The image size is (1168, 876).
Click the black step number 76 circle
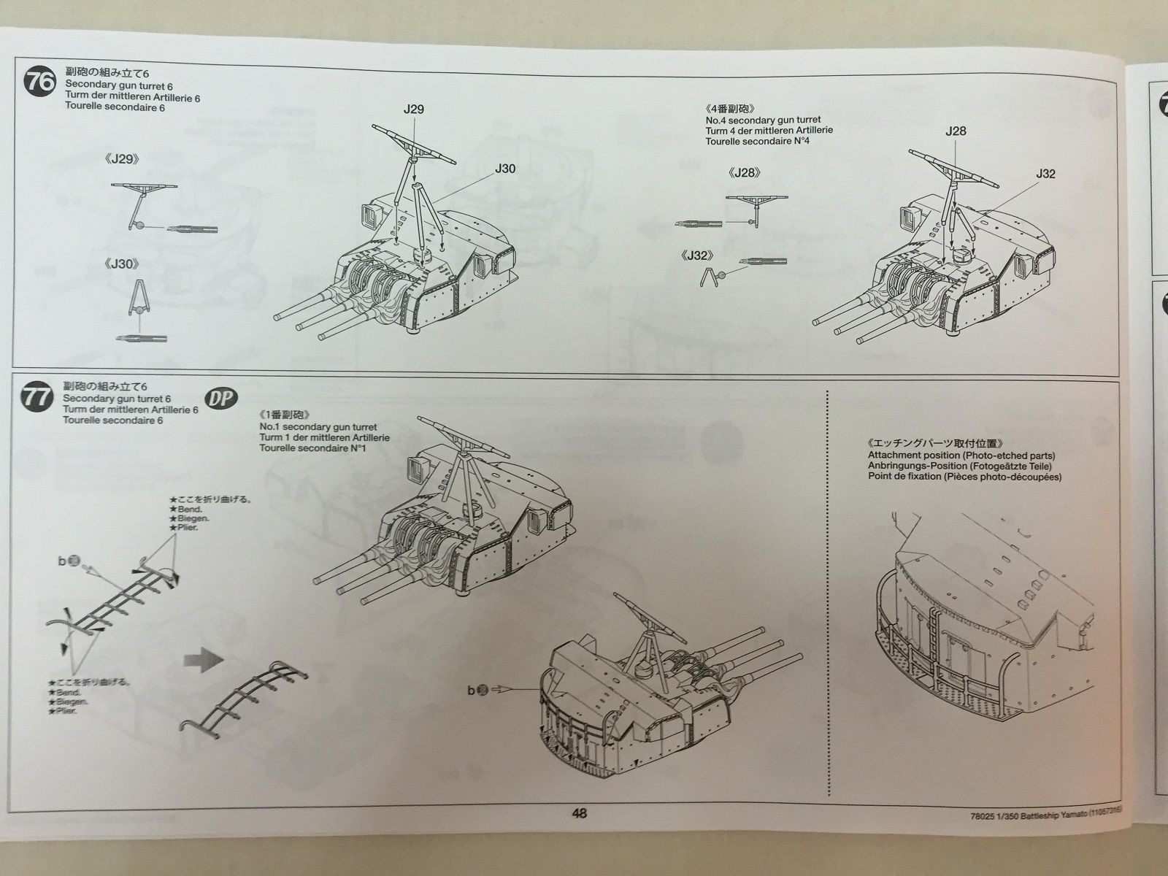point(39,81)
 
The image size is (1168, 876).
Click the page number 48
point(579,814)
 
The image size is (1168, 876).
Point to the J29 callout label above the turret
point(413,109)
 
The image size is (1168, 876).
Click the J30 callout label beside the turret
point(504,169)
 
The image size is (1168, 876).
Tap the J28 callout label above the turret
point(956,131)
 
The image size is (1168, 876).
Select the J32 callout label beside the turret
point(1045,174)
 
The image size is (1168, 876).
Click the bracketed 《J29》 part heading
point(122,159)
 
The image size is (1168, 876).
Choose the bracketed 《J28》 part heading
point(745,173)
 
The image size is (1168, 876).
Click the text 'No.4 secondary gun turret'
point(763,120)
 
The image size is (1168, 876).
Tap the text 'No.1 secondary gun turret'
point(318,427)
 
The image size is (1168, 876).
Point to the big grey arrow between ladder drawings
point(204,661)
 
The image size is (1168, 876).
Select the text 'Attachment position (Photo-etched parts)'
point(961,456)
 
